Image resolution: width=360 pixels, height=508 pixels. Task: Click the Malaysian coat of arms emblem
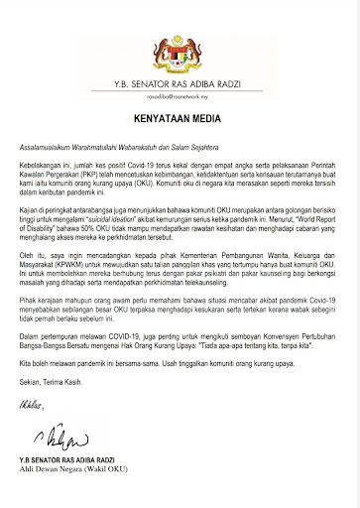click(180, 33)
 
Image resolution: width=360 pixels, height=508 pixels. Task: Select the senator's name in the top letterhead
click(180, 71)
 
